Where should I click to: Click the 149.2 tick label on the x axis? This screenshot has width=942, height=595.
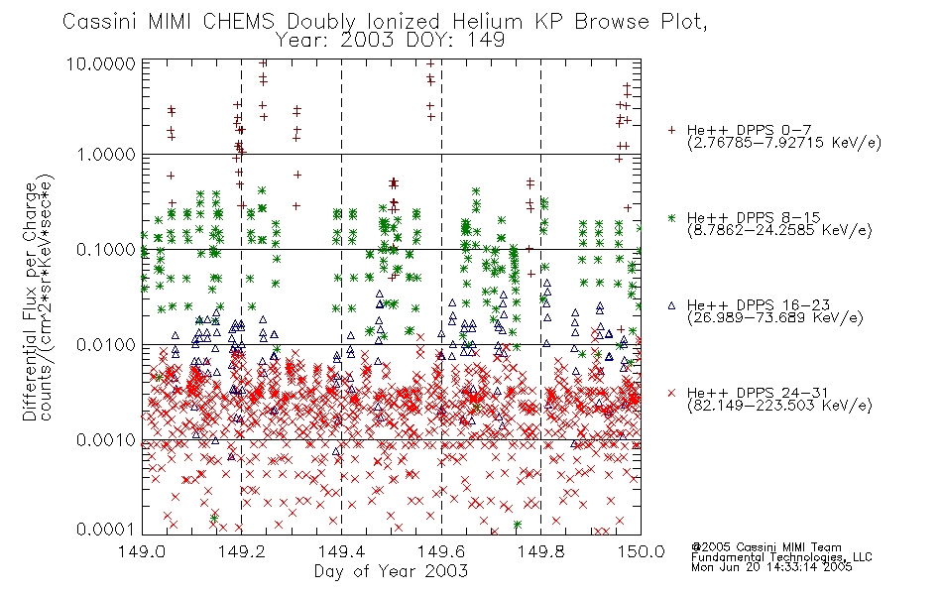point(242,551)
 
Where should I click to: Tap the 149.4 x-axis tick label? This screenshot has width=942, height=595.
point(341,551)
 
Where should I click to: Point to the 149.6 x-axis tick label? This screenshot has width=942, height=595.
point(441,551)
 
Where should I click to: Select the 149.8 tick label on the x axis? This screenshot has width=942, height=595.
point(540,551)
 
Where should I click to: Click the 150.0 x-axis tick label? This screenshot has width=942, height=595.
point(641,551)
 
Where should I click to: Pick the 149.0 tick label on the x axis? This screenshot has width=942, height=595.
point(142,551)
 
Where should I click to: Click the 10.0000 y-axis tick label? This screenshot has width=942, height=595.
point(101,63)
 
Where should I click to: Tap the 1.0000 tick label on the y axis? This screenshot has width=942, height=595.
point(106,155)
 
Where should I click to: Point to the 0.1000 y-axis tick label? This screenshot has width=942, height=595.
point(106,250)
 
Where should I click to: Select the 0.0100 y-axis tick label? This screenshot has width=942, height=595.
point(106,345)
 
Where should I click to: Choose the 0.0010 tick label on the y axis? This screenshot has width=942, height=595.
point(106,440)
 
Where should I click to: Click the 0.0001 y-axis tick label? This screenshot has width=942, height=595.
point(106,529)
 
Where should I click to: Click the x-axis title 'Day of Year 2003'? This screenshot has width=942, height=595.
point(391,571)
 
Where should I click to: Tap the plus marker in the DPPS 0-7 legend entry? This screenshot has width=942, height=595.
point(671,129)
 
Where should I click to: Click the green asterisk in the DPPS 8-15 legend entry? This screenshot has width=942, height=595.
point(671,217)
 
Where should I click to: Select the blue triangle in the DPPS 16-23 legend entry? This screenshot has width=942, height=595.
point(671,305)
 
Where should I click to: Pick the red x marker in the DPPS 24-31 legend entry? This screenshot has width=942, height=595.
point(671,393)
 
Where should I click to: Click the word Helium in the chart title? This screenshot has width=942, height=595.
point(487,22)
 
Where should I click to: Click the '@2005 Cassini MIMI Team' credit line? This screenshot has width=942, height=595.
point(766,547)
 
